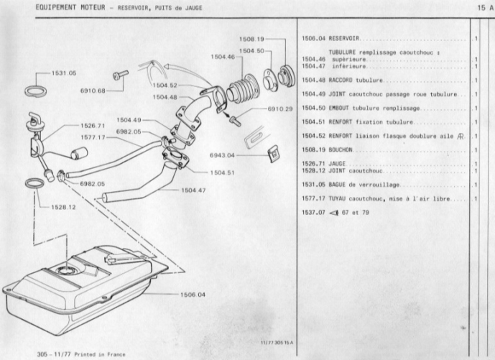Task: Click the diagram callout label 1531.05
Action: tap(63, 73)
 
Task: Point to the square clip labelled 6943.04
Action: tap(273, 153)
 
